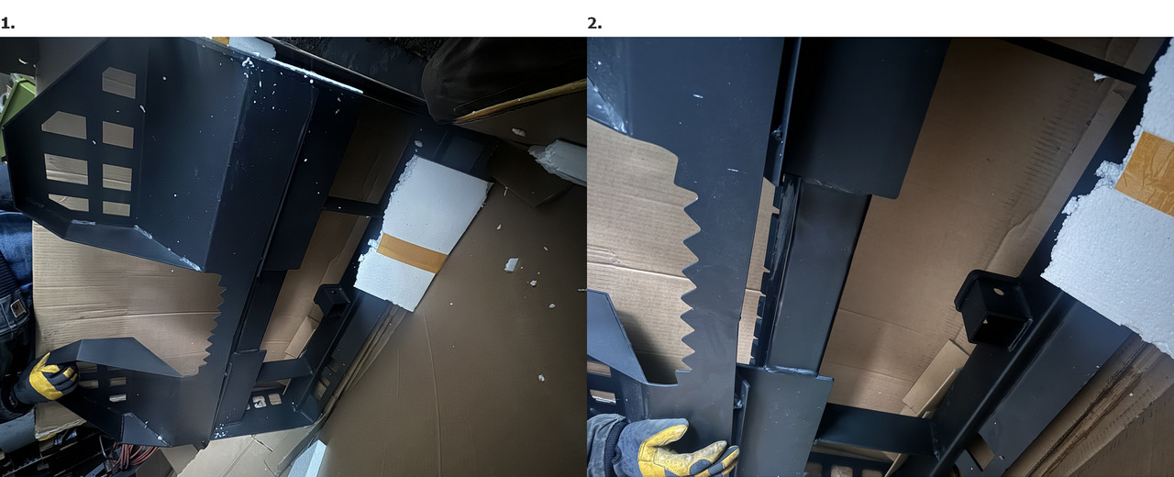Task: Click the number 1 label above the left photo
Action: [x=7, y=24]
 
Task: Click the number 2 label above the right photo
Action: [x=594, y=24]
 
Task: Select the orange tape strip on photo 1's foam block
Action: [x=413, y=252]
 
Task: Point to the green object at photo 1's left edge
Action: [x=16, y=102]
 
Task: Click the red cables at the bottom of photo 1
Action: [x=135, y=455]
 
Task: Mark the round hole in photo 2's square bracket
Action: [x=998, y=292]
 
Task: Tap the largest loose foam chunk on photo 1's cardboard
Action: [x=512, y=264]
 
